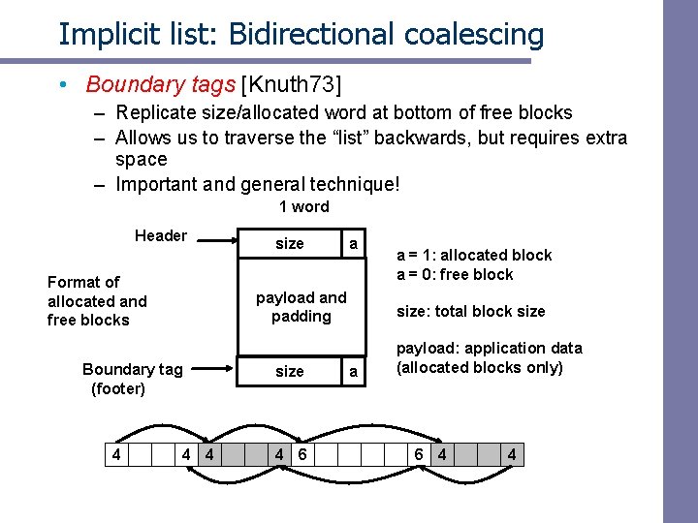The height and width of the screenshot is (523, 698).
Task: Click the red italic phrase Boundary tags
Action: pos(160,85)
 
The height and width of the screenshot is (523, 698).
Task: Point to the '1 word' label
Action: pos(303,206)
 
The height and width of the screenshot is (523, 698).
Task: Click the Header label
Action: pos(161,235)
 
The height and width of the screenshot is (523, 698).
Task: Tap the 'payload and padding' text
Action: pos(301,307)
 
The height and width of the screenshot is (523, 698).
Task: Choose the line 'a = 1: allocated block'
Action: pos(474,255)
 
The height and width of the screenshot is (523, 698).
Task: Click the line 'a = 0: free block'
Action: pos(455,274)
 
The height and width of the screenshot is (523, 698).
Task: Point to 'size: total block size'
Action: pos(470,311)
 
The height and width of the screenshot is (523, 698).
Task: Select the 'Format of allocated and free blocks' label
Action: pos(97,300)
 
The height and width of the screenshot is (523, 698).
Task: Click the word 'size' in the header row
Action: pos(289,243)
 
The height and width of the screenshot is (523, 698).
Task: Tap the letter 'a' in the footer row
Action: pos(353,371)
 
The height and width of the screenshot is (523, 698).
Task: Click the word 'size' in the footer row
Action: pos(289,371)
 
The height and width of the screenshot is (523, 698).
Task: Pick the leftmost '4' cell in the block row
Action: pos(116,453)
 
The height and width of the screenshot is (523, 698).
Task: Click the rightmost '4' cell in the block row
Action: pos(511,453)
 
